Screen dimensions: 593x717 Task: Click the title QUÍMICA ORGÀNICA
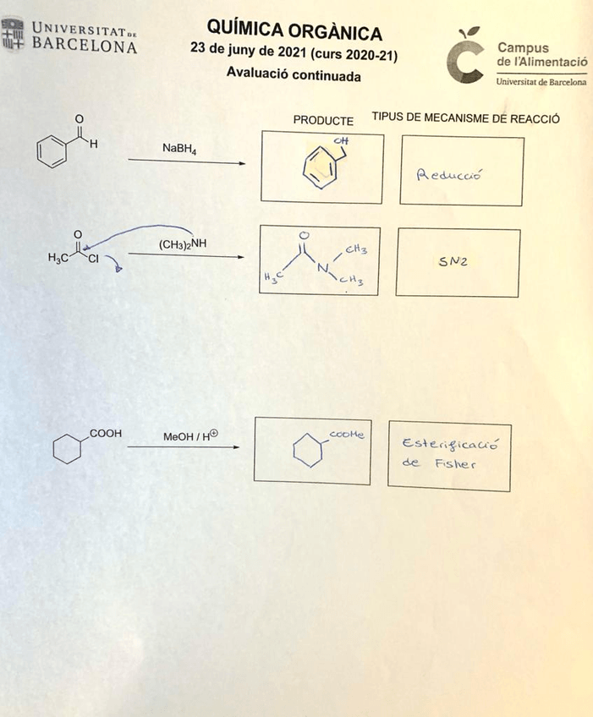tap(294, 32)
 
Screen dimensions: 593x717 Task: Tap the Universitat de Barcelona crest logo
tap(13, 34)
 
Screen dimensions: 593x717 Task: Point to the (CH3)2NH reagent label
tap(183, 244)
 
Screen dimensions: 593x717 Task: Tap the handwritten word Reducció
tap(448, 175)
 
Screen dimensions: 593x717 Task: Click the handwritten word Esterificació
tap(448, 444)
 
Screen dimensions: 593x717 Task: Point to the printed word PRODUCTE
tap(323, 120)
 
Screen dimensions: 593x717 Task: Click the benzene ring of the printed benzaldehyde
tap(52, 152)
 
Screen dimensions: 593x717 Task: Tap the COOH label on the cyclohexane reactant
tap(106, 433)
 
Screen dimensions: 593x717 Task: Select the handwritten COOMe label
tap(346, 435)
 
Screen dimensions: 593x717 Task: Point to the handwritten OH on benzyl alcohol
tap(342, 140)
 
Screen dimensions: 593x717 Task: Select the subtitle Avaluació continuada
tap(294, 75)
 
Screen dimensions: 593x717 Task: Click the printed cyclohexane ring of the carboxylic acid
tap(66, 448)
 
